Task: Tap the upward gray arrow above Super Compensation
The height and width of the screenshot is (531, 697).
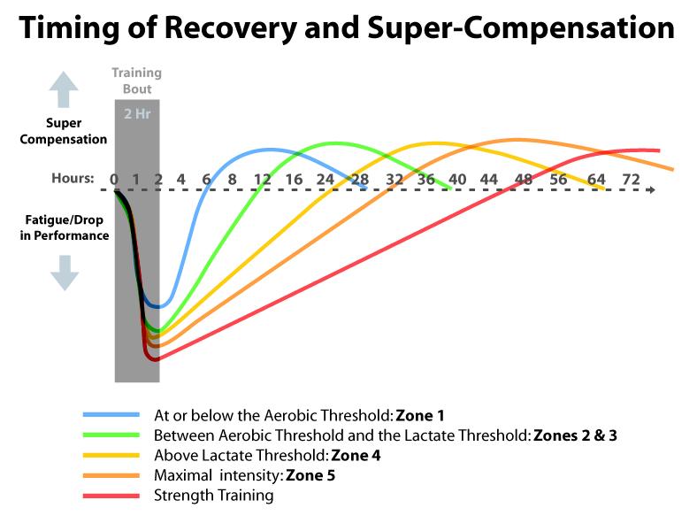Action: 64,90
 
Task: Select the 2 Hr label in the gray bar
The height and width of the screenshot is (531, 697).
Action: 137,113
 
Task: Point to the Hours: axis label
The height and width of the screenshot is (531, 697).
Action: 73,178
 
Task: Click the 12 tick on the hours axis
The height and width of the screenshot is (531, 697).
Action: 263,178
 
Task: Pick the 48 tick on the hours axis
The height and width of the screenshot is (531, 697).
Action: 524,178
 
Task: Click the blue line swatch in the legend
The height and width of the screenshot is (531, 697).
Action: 111,414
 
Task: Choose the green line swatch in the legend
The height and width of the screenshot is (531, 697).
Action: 111,435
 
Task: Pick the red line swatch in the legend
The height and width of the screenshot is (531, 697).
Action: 111,496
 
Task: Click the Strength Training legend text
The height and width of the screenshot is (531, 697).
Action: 213,496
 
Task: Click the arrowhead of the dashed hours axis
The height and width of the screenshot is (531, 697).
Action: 650,189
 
